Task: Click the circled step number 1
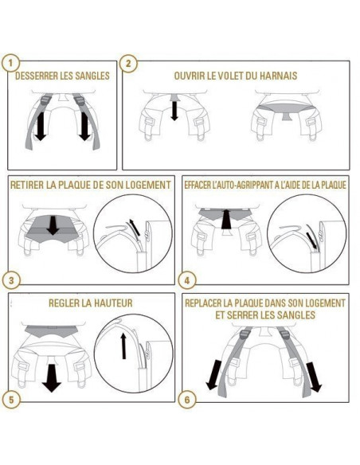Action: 10,63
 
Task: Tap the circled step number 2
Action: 128,63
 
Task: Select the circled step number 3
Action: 11,280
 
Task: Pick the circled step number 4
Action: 187,280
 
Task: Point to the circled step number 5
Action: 11,400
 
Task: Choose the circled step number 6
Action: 187,400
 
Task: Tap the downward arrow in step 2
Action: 174,111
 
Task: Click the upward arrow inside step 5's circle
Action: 123,346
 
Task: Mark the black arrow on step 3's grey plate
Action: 53,225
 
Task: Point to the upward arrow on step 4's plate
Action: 226,219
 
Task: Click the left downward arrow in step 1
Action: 40,127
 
